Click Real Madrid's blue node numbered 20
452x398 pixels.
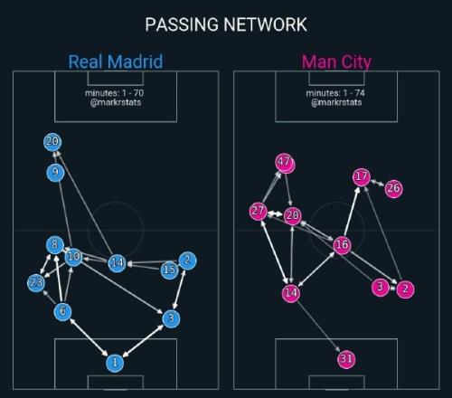[52, 142]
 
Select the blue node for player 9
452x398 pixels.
[55, 173]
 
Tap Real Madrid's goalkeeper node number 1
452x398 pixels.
[115, 363]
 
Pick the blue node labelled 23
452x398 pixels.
[36, 283]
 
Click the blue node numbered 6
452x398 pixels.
[62, 311]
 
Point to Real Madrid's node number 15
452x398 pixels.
[170, 270]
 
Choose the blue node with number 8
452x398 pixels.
[55, 244]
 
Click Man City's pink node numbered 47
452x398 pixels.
[285, 163]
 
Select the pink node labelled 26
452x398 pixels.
[394, 188]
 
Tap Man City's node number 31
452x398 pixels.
[346, 359]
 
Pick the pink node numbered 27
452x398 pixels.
[259, 211]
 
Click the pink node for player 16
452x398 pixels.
[342, 245]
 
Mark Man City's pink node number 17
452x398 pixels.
[362, 176]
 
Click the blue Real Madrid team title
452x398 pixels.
[116, 62]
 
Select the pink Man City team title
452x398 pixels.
[336, 62]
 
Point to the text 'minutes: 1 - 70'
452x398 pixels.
[114, 93]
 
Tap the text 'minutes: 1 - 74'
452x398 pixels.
[335, 93]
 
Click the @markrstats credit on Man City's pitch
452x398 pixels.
[336, 102]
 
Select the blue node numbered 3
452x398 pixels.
[171, 318]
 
